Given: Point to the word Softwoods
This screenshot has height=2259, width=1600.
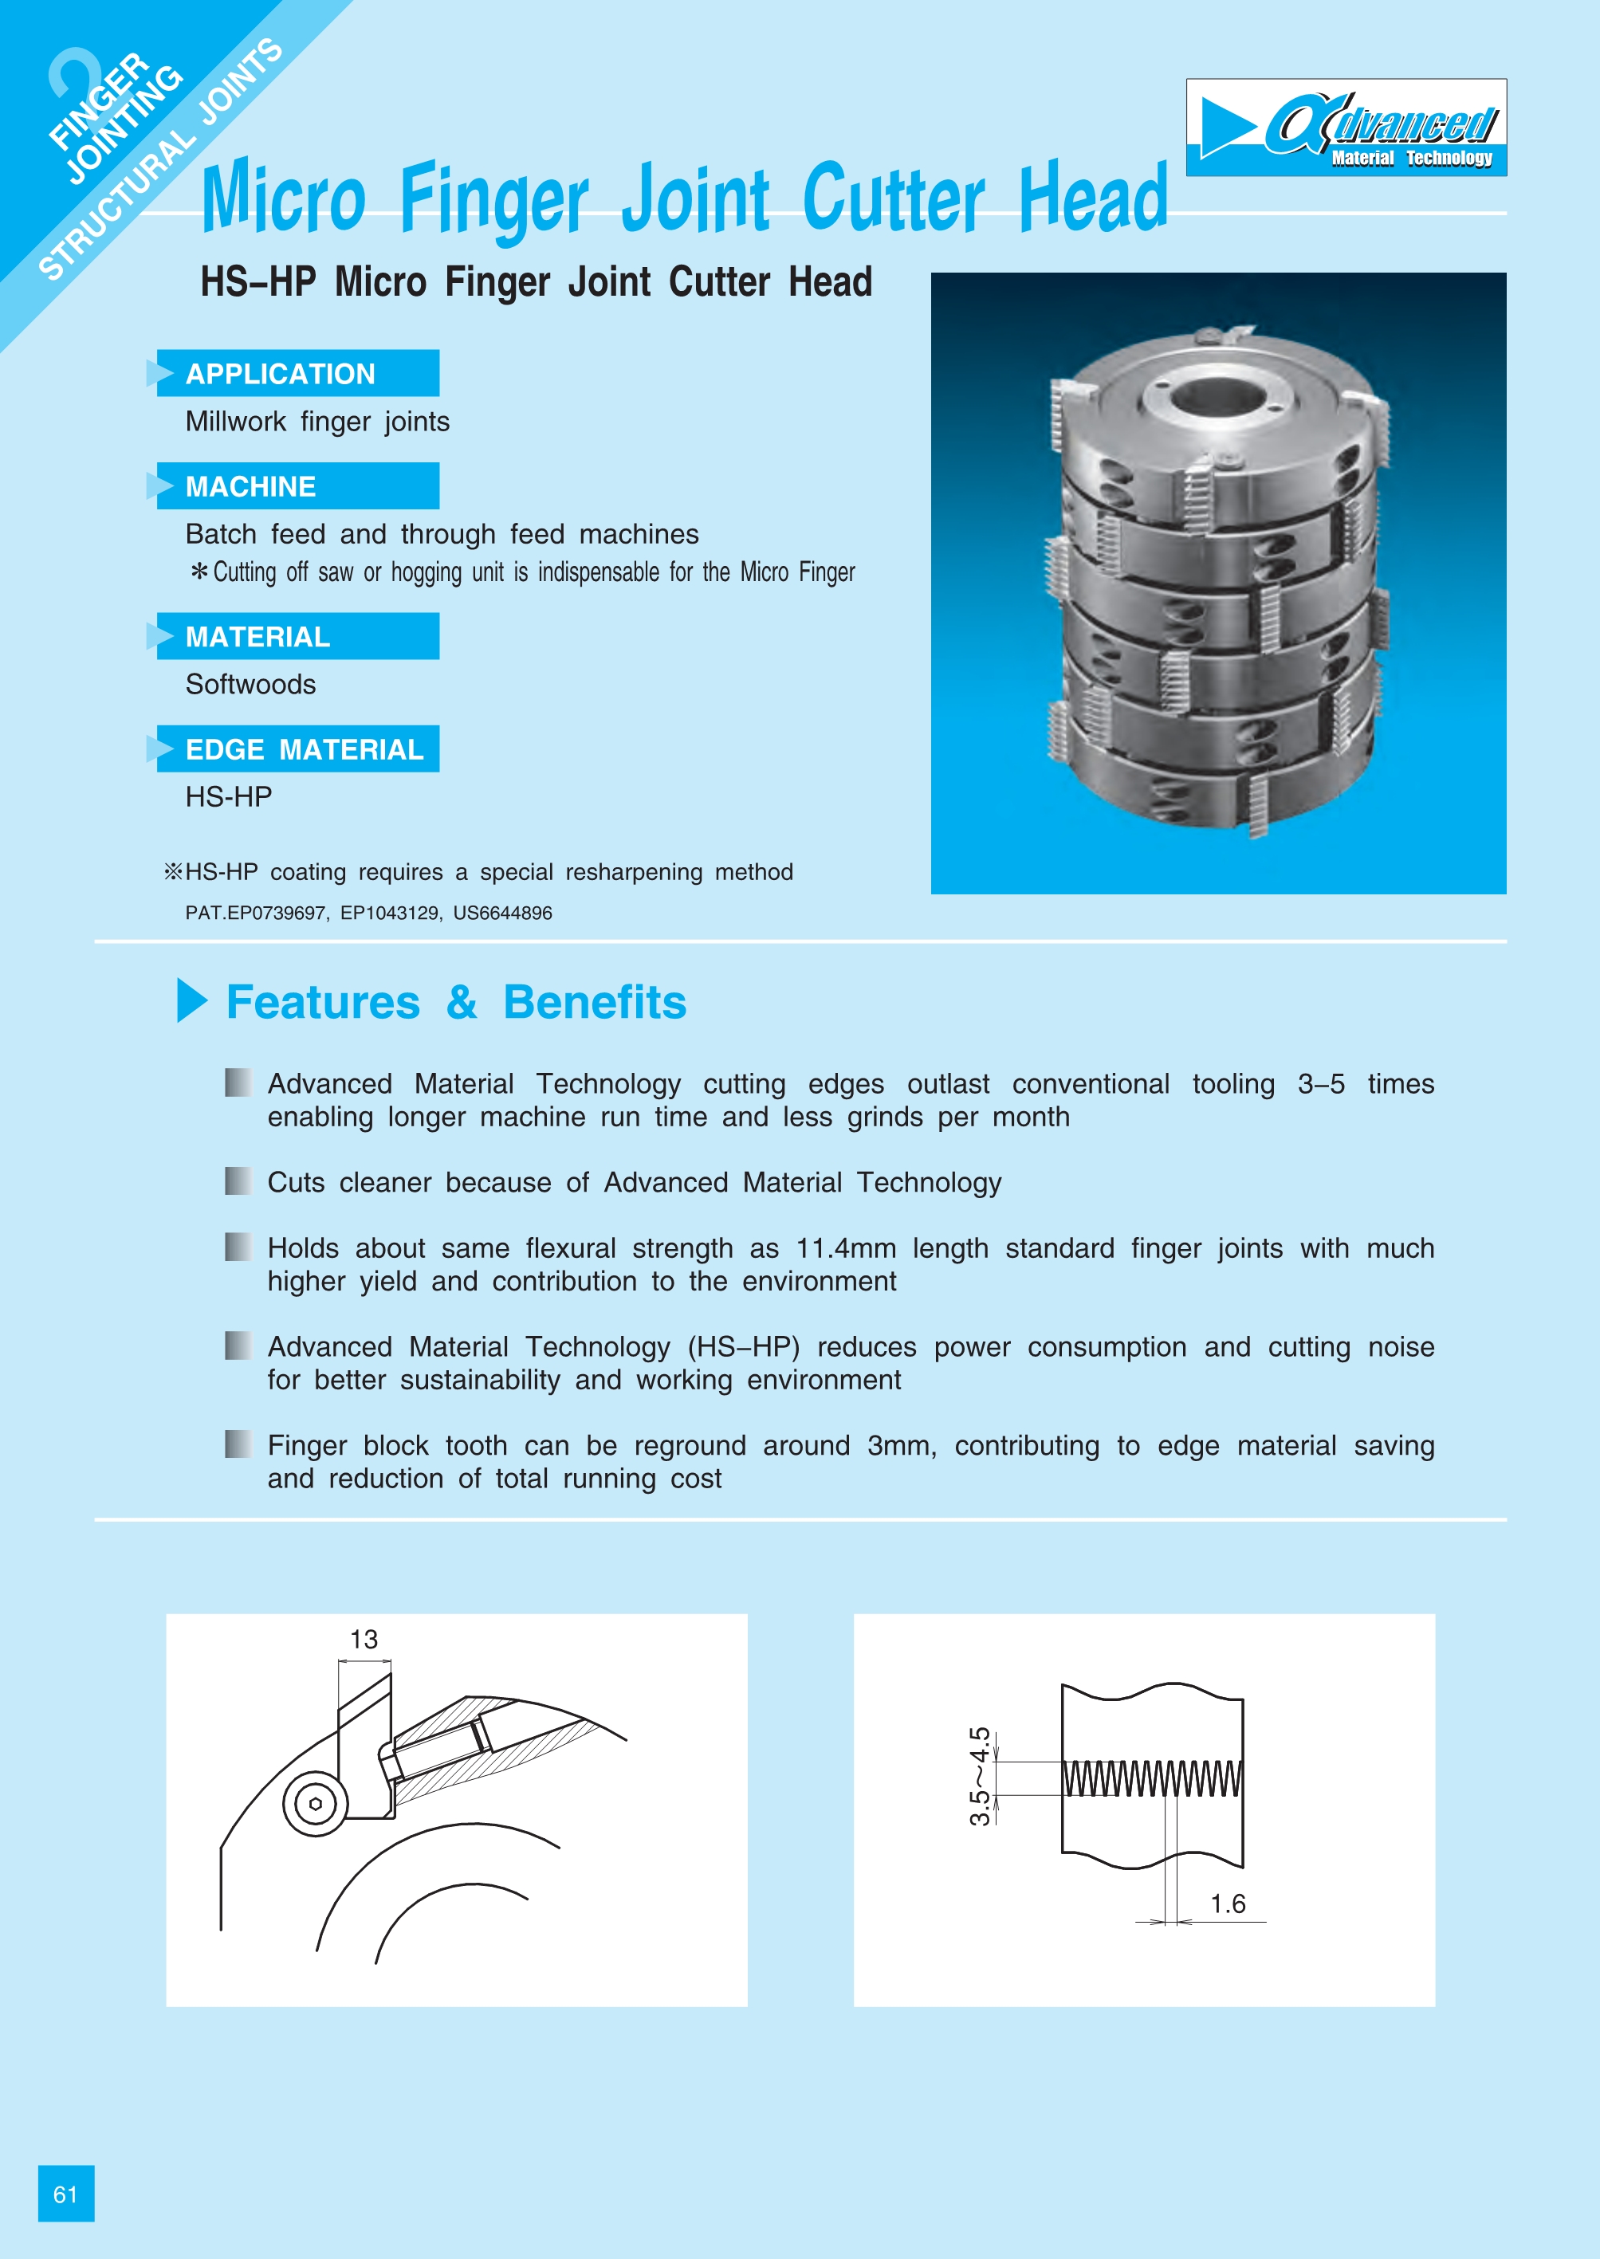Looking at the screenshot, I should click(250, 684).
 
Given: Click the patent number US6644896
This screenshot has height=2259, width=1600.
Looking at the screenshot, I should click(502, 913).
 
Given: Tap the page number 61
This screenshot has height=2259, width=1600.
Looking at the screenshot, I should click(65, 2193).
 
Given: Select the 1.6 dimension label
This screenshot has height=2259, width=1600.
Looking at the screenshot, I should click(1228, 1903).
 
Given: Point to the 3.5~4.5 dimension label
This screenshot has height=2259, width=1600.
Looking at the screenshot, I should click(979, 1775).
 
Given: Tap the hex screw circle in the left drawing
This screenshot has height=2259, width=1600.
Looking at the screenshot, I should click(315, 1804).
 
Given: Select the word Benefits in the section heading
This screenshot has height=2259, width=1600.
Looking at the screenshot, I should click(594, 1002).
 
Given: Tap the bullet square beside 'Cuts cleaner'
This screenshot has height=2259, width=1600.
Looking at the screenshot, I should click(238, 1181).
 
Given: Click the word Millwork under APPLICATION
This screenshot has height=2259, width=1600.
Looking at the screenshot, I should click(235, 422).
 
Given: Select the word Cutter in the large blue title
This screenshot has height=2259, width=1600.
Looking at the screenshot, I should click(893, 199).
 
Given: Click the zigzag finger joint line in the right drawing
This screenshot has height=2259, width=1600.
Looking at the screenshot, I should click(1152, 1778).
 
